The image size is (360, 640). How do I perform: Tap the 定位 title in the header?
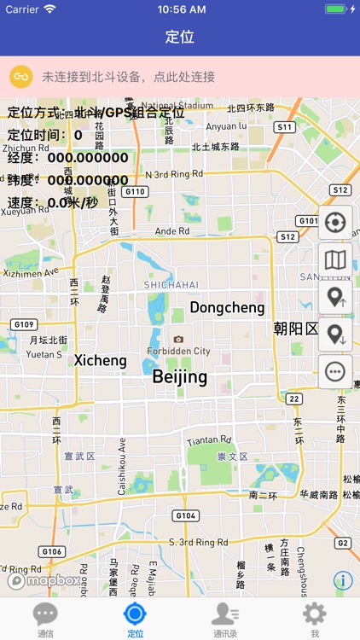tap(180, 38)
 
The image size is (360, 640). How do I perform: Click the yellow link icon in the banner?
tap(21, 77)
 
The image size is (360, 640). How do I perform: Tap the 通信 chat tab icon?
tap(45, 614)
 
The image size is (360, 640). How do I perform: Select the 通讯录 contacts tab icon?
tap(225, 614)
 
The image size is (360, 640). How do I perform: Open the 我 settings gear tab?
tap(315, 614)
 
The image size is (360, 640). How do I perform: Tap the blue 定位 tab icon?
tap(135, 614)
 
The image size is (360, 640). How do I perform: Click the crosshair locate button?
tap(334, 223)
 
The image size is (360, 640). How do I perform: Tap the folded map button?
tap(334, 260)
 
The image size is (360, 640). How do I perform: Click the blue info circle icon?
tap(344, 580)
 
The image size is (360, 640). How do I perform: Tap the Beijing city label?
tap(179, 376)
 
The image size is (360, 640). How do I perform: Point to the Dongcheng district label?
tap(227, 307)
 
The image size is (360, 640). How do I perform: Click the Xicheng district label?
tap(100, 360)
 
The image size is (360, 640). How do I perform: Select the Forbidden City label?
tap(178, 351)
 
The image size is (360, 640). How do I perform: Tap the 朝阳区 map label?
tap(295, 329)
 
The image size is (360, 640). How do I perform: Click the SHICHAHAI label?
tap(171, 284)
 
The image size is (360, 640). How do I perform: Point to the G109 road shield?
tap(25, 324)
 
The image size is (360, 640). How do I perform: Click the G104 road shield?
tap(185, 515)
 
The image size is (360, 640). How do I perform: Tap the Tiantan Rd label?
tap(209, 440)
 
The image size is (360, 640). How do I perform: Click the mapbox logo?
tap(44, 580)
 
